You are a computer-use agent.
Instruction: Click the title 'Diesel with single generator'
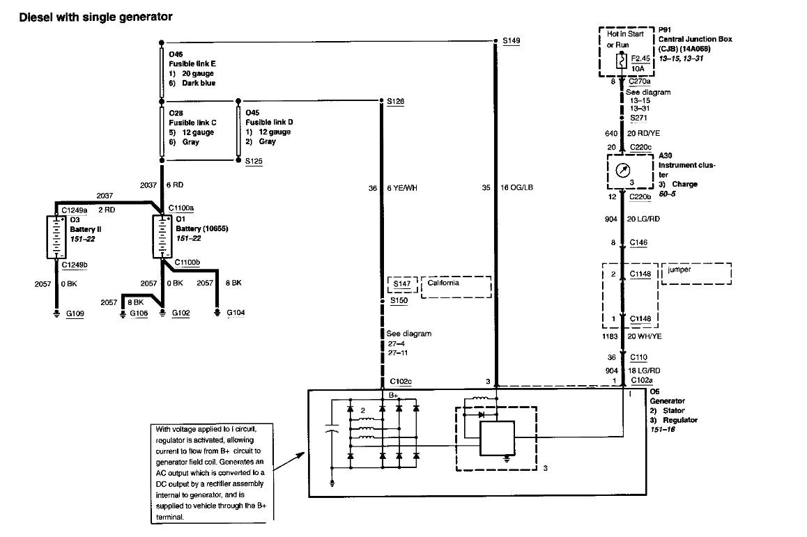[x=95, y=16]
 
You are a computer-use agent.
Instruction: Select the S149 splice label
[x=511, y=41]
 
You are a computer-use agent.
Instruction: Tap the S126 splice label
[x=395, y=102]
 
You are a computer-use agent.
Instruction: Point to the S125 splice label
[x=254, y=161]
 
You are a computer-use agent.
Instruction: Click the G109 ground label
[x=75, y=314]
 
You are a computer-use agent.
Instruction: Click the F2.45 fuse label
[x=640, y=59]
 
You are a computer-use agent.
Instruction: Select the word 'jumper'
[x=679, y=270]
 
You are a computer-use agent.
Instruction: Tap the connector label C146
[x=638, y=243]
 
